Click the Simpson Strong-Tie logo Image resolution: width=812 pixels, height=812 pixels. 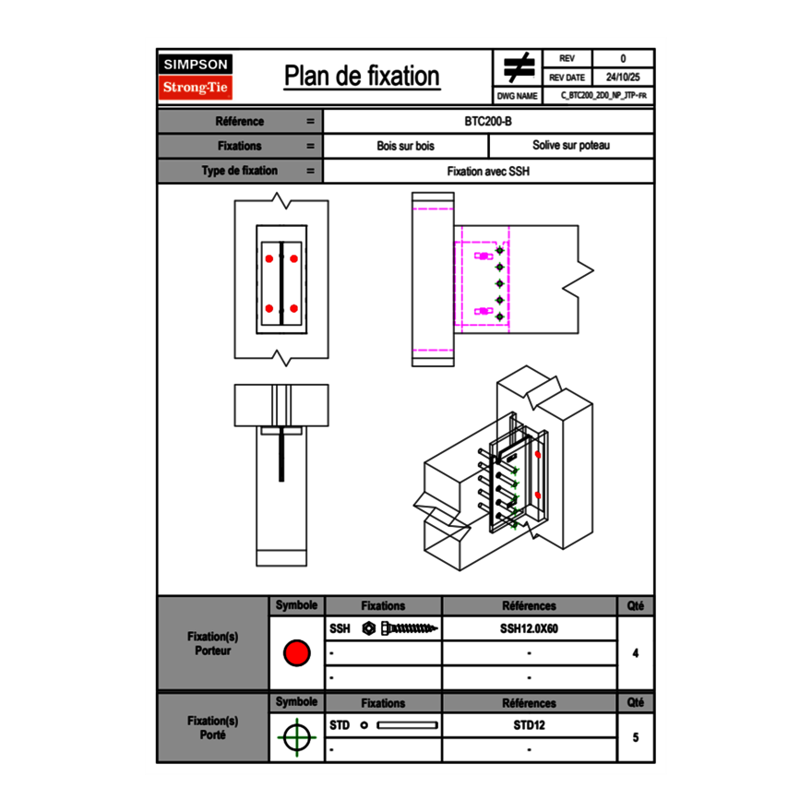(x=196, y=77)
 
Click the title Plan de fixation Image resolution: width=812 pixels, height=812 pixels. (x=362, y=77)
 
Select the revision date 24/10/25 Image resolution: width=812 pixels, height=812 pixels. (x=623, y=78)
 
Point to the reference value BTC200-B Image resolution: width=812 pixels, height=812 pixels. (x=488, y=122)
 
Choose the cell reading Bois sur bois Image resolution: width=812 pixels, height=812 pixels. (x=405, y=146)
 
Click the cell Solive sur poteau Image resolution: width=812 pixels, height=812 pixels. (x=570, y=146)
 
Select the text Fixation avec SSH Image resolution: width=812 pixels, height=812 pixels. (x=488, y=171)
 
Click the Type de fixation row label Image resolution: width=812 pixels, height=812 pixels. (x=239, y=171)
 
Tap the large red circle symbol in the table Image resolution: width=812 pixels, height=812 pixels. (x=296, y=653)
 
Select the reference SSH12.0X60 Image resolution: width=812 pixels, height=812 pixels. (x=529, y=628)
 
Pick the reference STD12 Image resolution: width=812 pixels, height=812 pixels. (x=529, y=725)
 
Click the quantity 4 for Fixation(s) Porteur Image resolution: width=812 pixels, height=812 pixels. (x=636, y=653)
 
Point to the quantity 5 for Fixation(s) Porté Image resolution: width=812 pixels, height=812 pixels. (x=636, y=737)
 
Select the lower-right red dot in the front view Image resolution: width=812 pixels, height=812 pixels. (x=293, y=308)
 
